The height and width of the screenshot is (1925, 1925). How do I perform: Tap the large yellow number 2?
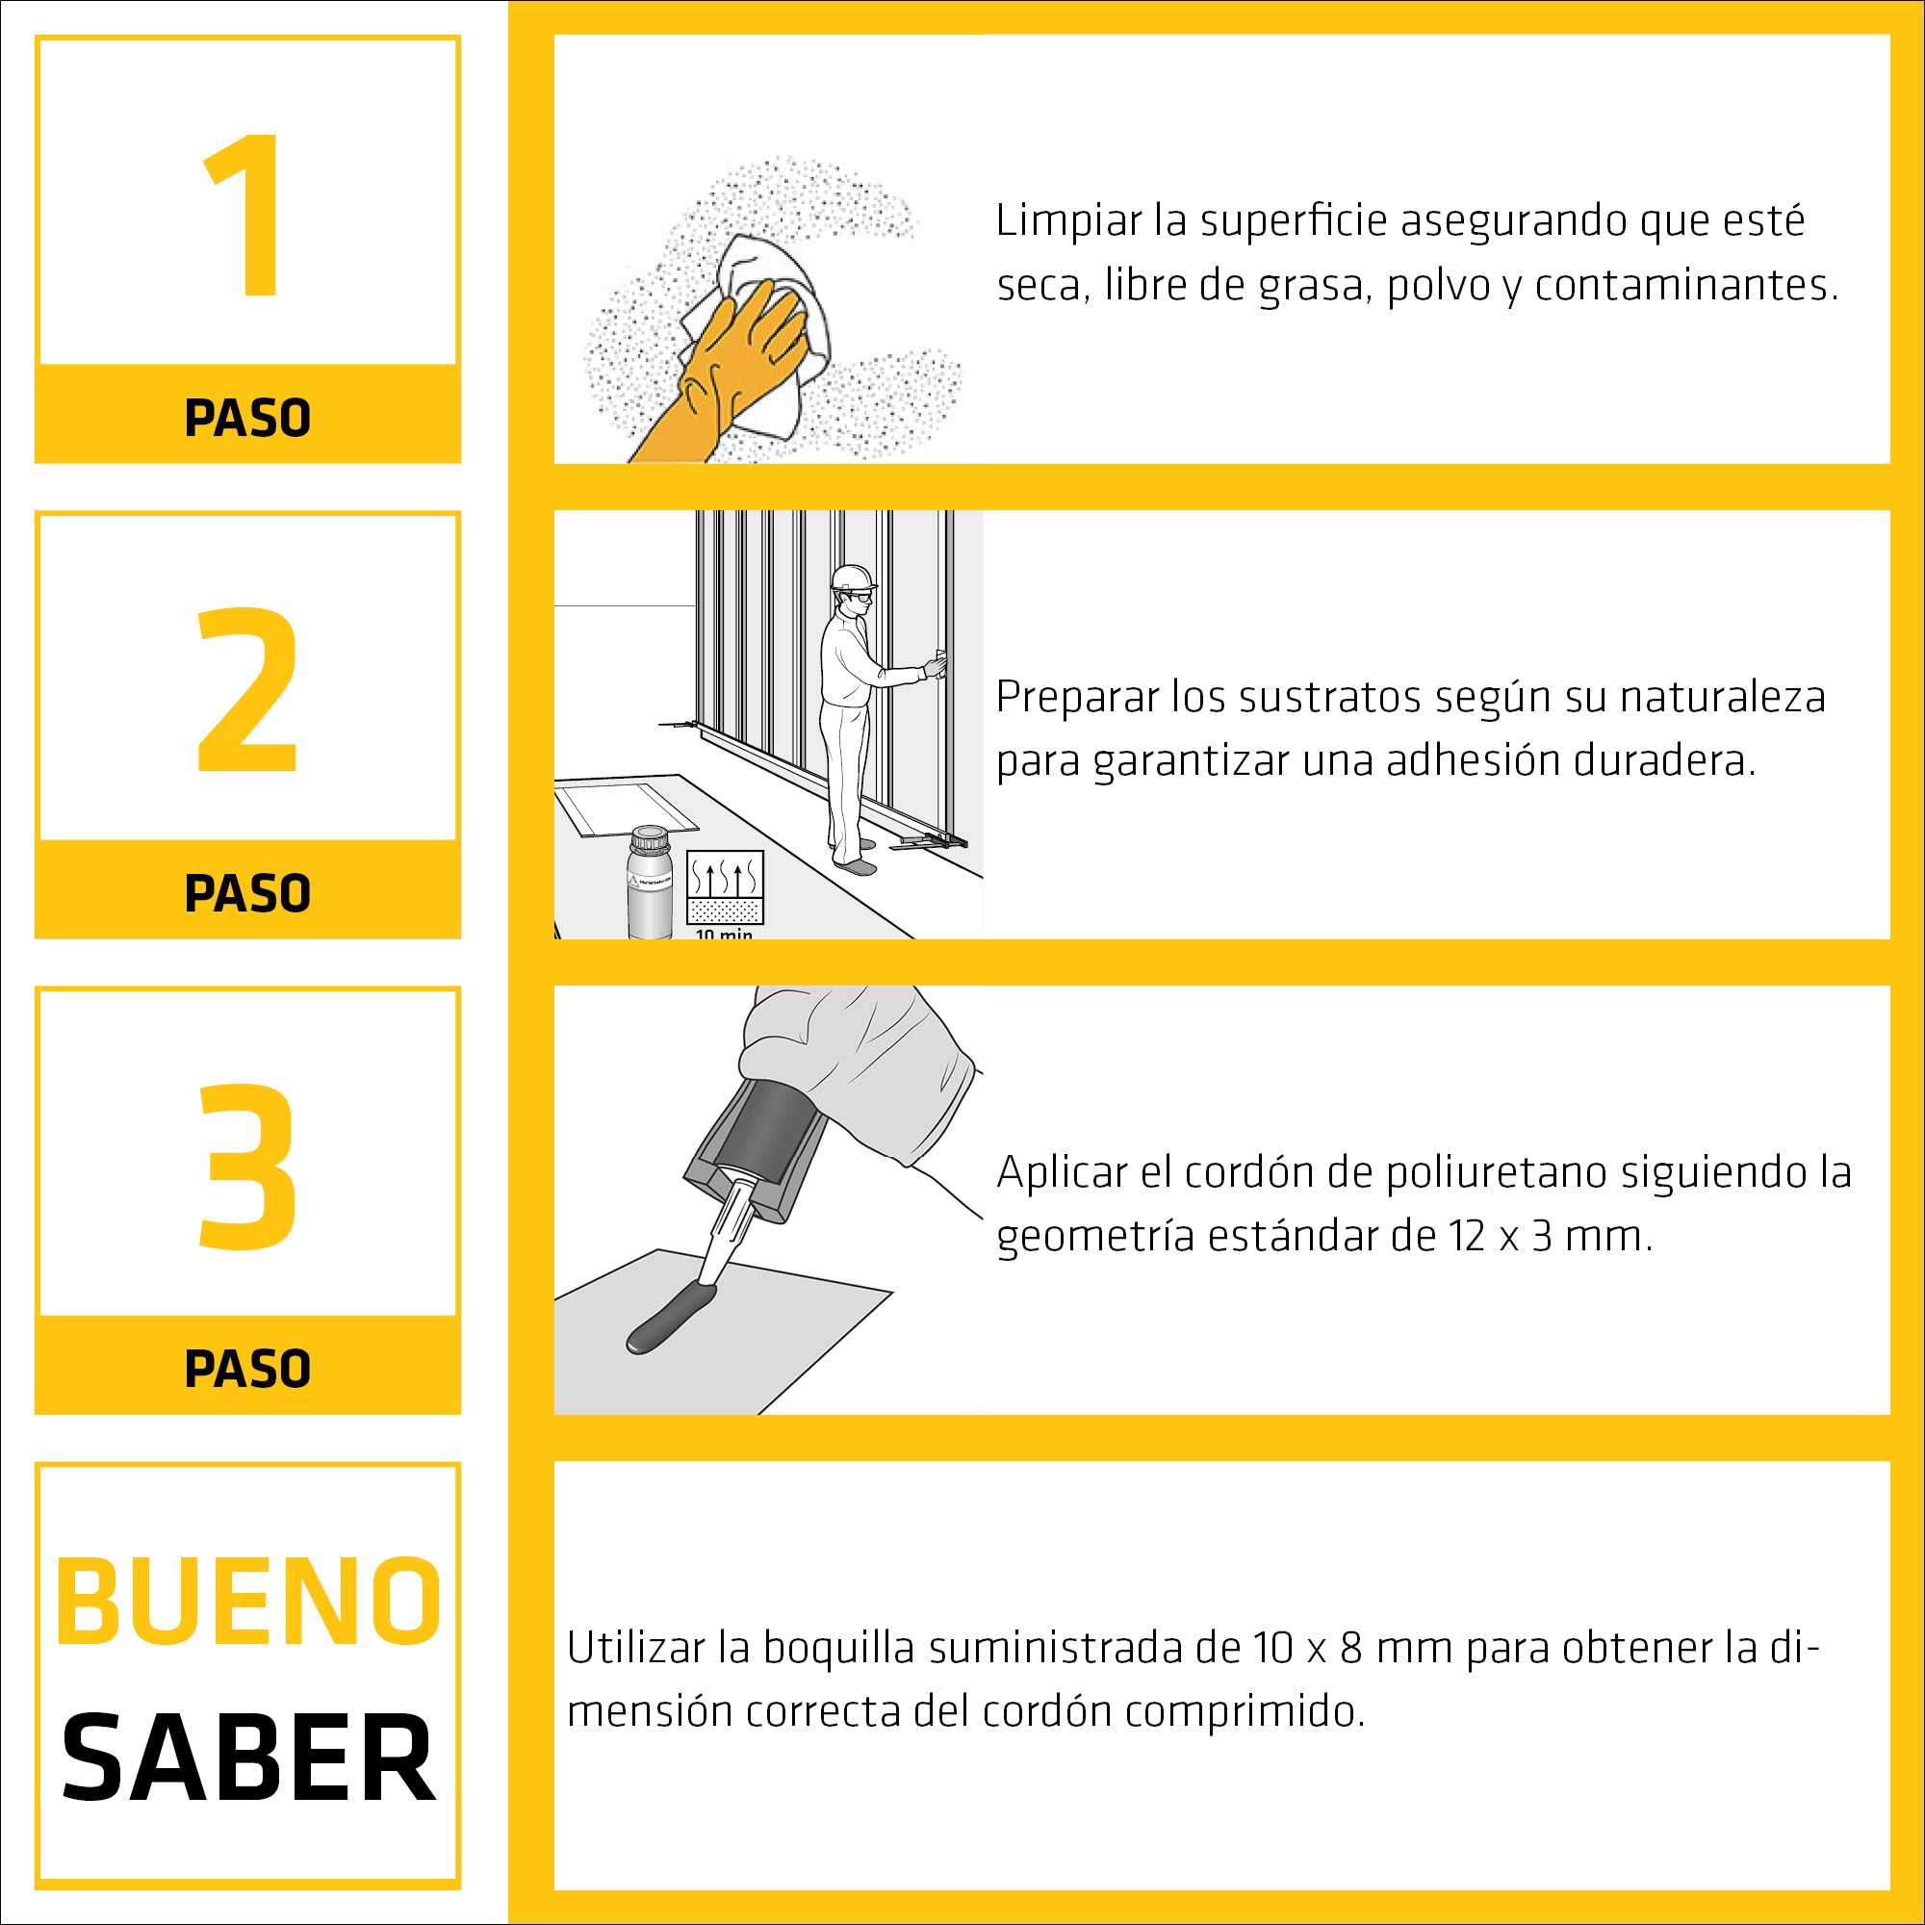pos(247,689)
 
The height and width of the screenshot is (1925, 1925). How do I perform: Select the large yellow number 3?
pos(247,1167)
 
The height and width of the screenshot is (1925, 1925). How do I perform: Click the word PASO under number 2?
pos(247,893)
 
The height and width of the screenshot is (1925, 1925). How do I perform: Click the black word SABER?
pos(248,1759)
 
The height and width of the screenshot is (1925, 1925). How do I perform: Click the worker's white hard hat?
pos(853,577)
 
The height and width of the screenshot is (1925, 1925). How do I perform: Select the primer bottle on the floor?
pos(650,883)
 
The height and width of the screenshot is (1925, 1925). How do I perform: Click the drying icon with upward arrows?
pos(726,886)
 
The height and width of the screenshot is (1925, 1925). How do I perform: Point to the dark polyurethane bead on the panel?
pos(671,1319)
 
